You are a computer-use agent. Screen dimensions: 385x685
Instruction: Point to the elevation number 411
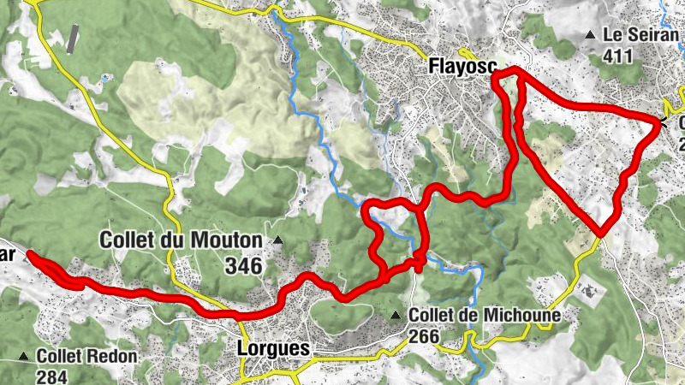point(617,56)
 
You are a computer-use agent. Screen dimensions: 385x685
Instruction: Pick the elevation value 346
point(244,266)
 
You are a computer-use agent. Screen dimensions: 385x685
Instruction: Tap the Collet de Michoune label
point(485,316)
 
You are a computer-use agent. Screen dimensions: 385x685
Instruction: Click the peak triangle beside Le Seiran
point(590,35)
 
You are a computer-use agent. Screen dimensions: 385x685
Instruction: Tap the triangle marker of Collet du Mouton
point(277,240)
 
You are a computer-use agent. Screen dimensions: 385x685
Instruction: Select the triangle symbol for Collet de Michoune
point(395,316)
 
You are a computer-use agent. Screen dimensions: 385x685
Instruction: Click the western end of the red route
point(30,252)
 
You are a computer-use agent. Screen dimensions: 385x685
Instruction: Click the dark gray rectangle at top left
point(74,38)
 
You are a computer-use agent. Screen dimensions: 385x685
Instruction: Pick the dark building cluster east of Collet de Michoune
point(590,291)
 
